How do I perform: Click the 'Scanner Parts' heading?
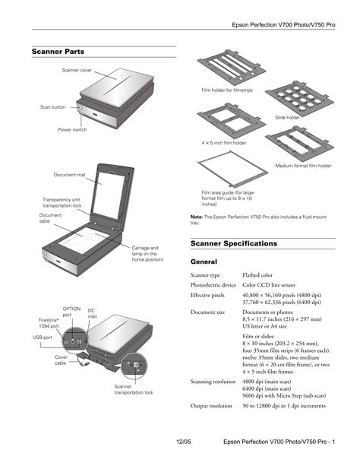58,52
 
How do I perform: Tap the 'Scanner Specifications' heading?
234,244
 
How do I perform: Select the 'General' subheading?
204,262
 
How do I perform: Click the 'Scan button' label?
53,107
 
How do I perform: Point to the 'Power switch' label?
72,129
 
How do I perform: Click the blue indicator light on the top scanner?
95,115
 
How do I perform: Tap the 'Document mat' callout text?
70,175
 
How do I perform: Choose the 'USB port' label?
43,338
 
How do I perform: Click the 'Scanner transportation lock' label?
134,390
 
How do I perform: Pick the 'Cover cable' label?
61,360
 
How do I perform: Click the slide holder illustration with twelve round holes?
299,98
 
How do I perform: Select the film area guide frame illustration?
232,170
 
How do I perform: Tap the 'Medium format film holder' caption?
303,166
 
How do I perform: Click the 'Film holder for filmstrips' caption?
227,90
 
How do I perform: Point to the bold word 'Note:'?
197,217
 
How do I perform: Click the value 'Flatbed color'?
257,275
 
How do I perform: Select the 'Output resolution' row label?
211,406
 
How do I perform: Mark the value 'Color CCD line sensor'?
269,285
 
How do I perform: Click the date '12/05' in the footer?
184,442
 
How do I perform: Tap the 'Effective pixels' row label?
207,295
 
